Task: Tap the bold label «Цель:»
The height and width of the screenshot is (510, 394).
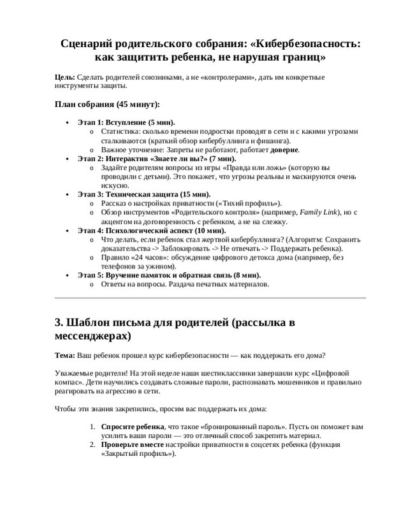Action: pyautogui.click(x=65, y=77)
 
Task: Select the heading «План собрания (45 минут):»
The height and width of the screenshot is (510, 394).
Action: pyautogui.click(x=107, y=104)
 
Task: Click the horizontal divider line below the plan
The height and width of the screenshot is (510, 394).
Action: pyautogui.click(x=210, y=298)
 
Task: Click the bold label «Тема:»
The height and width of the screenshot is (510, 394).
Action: pyautogui.click(x=66, y=354)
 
